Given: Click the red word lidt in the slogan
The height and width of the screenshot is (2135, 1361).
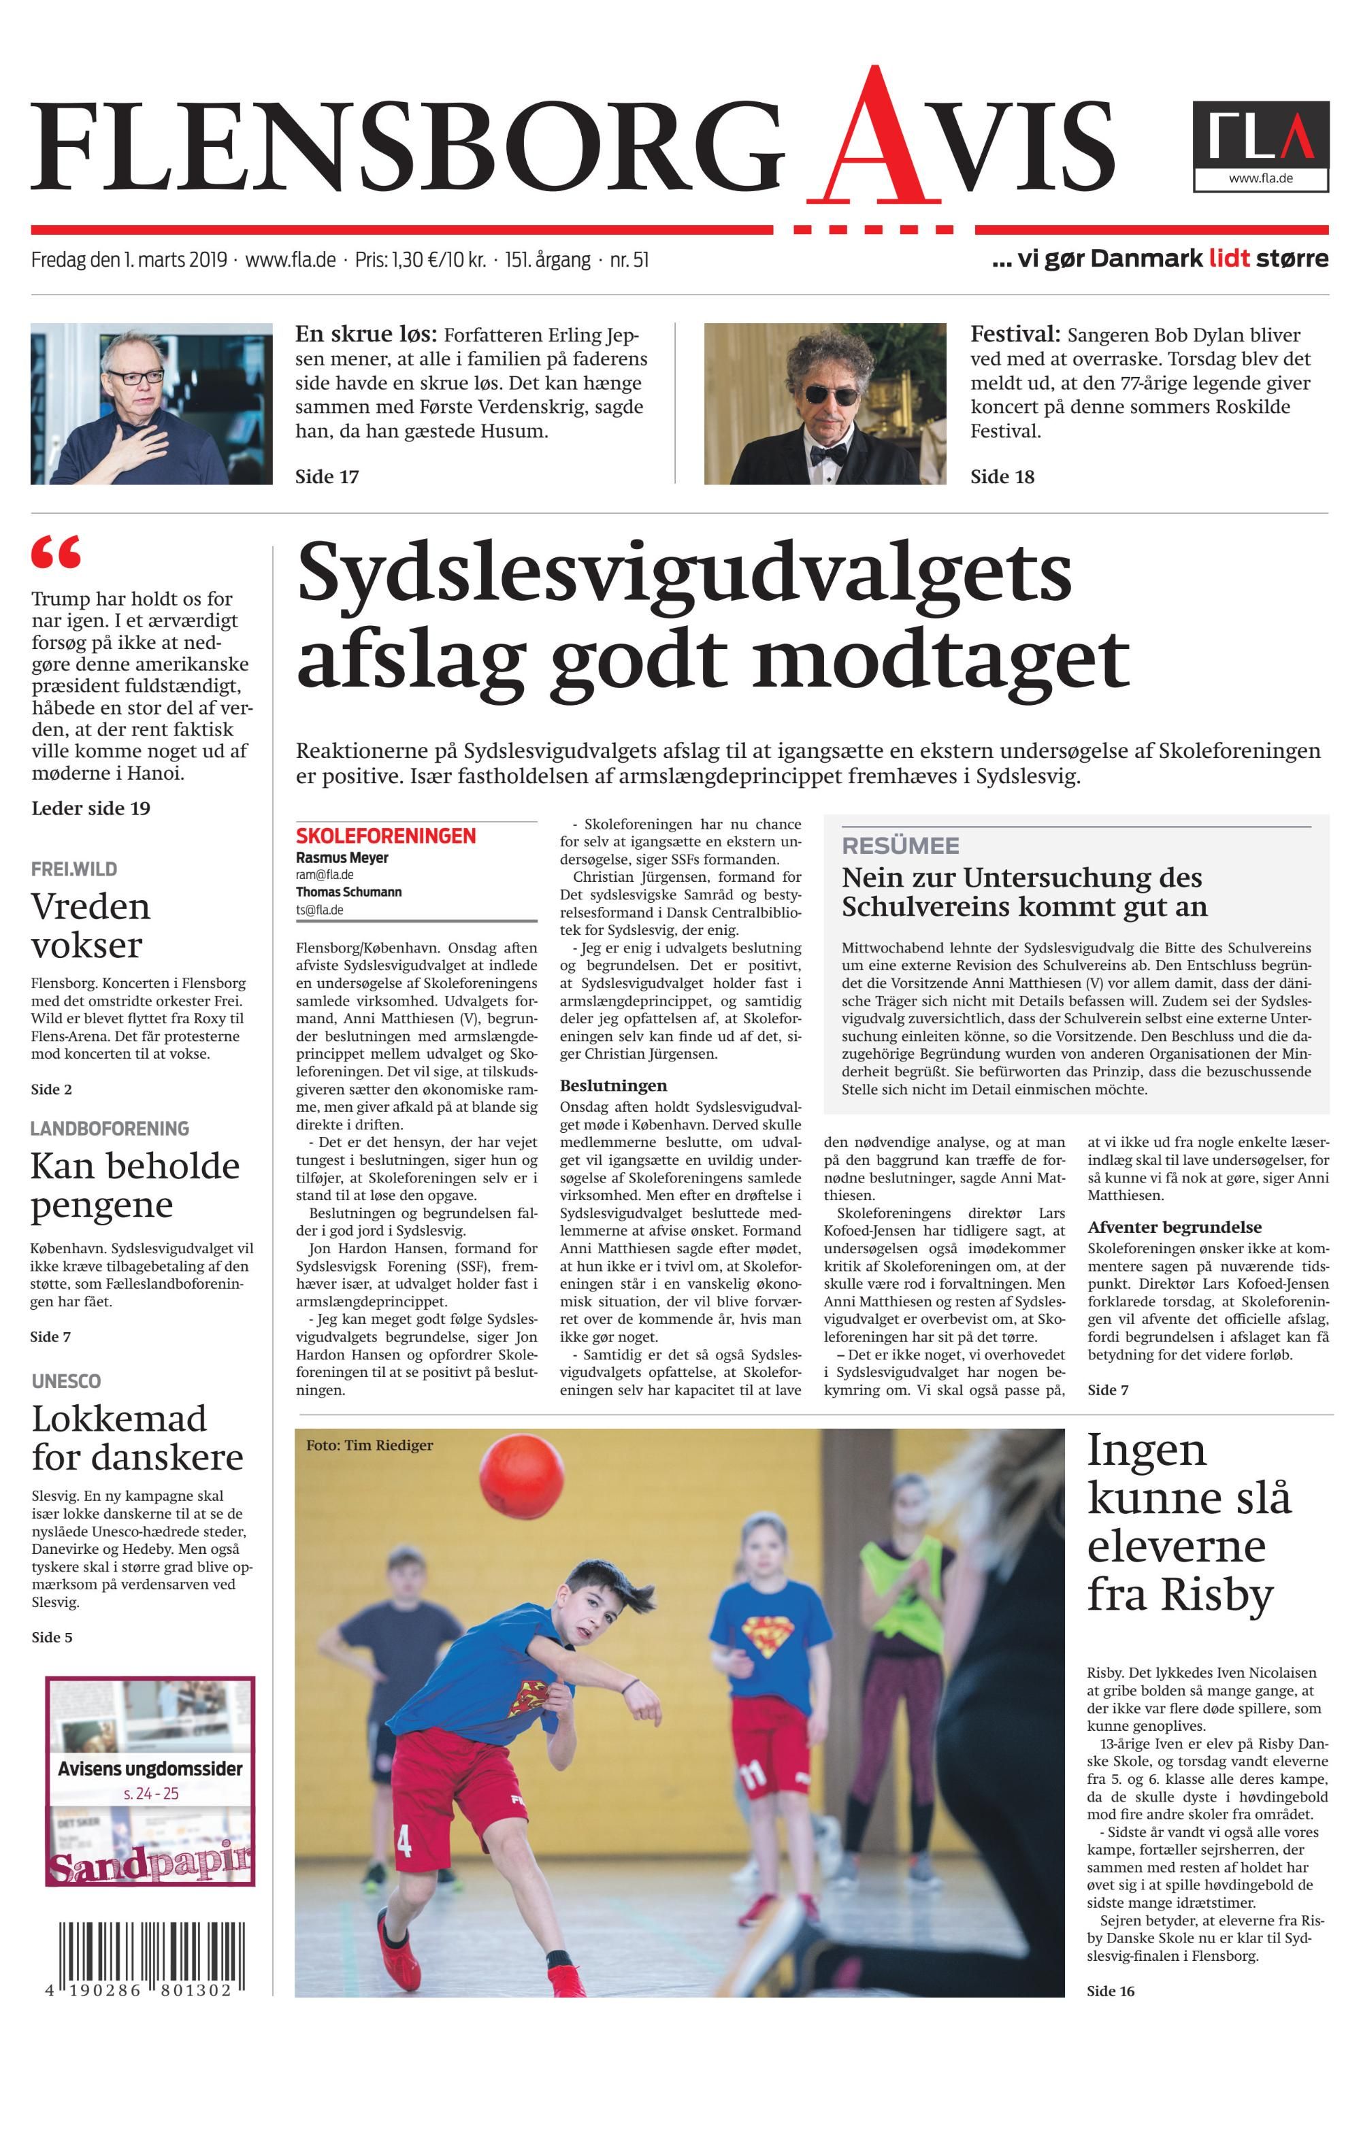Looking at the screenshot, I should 1229,259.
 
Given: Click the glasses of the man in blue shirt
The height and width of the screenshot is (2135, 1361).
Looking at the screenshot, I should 135,377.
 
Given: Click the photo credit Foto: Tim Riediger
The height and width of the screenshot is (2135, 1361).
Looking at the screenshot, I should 370,1445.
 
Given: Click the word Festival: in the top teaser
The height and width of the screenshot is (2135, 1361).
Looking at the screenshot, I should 1015,335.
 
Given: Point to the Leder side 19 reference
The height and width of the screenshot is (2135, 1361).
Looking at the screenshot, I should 91,808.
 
